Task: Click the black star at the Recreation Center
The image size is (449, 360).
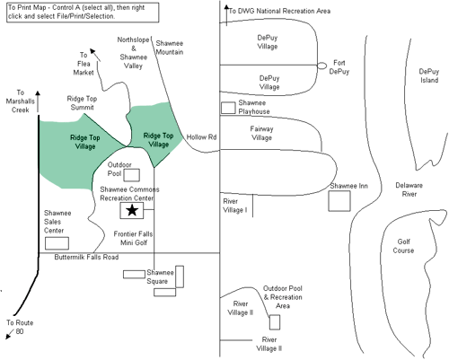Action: point(132,210)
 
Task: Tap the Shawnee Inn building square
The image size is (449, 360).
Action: point(339,201)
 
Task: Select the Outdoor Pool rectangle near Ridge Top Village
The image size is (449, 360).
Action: point(132,175)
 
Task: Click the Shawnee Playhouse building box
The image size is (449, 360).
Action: point(228,108)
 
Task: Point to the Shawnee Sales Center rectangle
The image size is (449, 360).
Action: point(57,243)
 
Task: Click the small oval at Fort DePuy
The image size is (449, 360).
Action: point(321,66)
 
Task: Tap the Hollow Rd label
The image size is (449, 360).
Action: point(201,137)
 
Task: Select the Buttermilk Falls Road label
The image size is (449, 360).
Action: point(86,257)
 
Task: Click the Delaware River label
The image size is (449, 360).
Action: point(409,189)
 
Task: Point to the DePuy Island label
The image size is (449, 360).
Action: point(429,75)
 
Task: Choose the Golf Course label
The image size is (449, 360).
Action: point(403,246)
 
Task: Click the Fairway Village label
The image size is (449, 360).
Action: point(261,133)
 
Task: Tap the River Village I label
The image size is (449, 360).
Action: point(235,206)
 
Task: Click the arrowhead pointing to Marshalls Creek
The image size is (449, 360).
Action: point(38,93)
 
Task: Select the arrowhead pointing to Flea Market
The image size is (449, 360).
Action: point(93,51)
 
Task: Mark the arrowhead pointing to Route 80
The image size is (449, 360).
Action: point(9,337)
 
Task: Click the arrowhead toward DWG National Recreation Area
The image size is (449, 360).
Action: point(226,8)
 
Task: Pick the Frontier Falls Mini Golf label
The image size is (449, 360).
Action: point(133,238)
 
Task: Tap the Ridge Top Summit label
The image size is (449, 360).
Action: point(82,103)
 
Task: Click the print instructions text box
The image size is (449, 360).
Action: point(83,13)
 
